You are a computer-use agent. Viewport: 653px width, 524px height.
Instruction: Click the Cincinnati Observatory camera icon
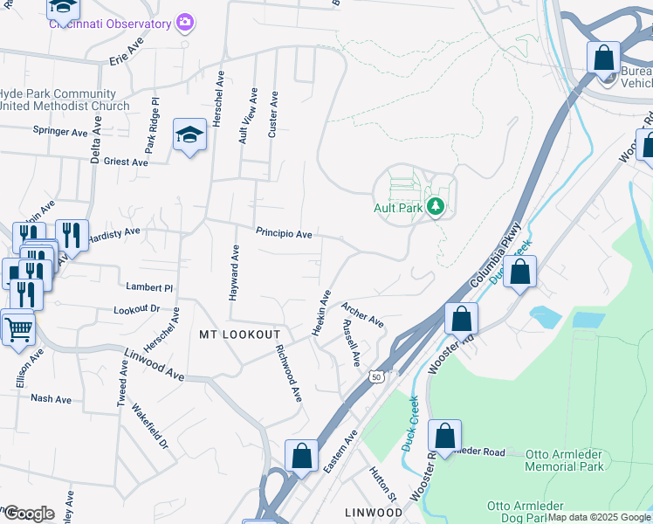[x=184, y=22]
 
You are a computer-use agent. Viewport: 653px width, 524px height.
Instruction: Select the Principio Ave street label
[x=284, y=234]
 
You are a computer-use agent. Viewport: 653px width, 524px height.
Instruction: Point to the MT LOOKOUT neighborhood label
[x=239, y=334]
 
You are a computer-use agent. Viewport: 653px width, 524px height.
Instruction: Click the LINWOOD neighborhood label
[x=372, y=511]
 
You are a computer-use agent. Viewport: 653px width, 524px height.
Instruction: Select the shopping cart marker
[x=17, y=329]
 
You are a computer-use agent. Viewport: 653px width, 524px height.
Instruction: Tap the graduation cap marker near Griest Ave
[x=189, y=135]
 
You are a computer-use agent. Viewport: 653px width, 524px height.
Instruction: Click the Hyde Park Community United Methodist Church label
[x=65, y=100]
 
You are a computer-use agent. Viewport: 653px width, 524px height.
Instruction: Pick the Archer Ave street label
[x=362, y=314]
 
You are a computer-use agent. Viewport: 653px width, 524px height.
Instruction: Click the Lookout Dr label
[x=137, y=309]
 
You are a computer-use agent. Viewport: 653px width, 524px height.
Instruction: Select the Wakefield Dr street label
[x=149, y=426]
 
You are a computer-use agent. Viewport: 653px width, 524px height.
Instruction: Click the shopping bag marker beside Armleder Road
[x=444, y=437]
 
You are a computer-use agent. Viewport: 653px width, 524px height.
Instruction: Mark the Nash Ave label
[x=51, y=398]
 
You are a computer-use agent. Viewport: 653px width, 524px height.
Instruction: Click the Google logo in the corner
[x=28, y=514]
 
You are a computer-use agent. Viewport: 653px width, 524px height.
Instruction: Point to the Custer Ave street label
[x=273, y=114]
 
